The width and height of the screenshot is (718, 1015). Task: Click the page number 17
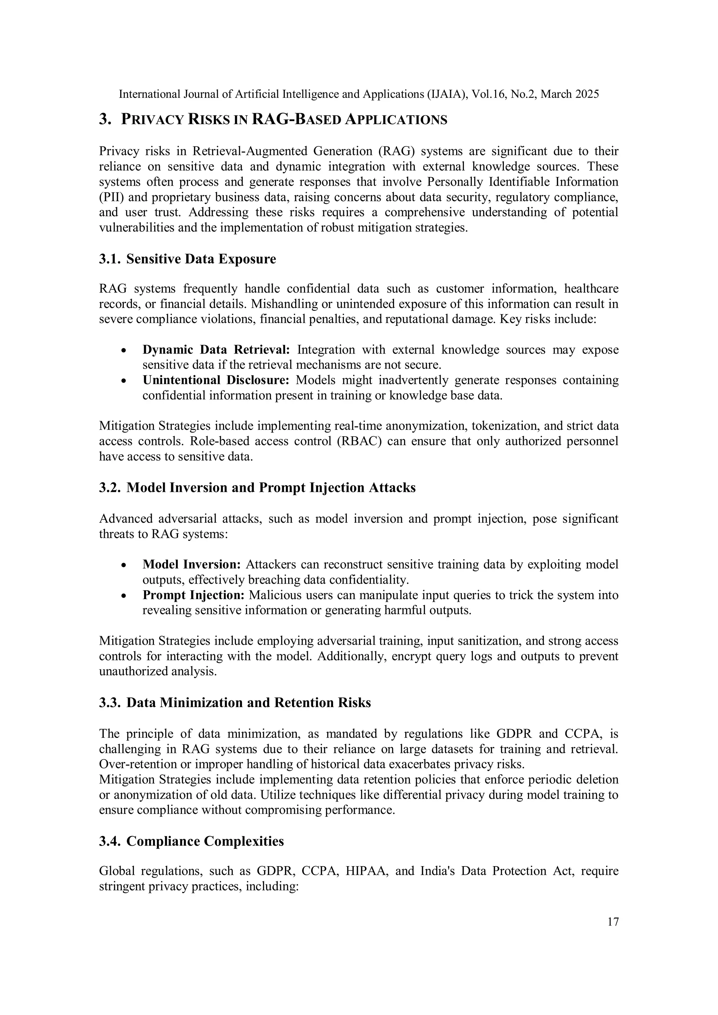click(613, 921)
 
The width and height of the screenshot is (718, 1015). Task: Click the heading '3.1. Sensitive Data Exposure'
click(188, 259)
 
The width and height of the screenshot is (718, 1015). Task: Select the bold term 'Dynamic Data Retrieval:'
click(216, 350)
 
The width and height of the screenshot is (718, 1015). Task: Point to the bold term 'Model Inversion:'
click(191, 564)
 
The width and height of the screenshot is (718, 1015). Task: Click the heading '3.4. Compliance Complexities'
click(191, 841)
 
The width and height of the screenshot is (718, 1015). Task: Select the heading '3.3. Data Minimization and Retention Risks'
click(235, 703)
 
